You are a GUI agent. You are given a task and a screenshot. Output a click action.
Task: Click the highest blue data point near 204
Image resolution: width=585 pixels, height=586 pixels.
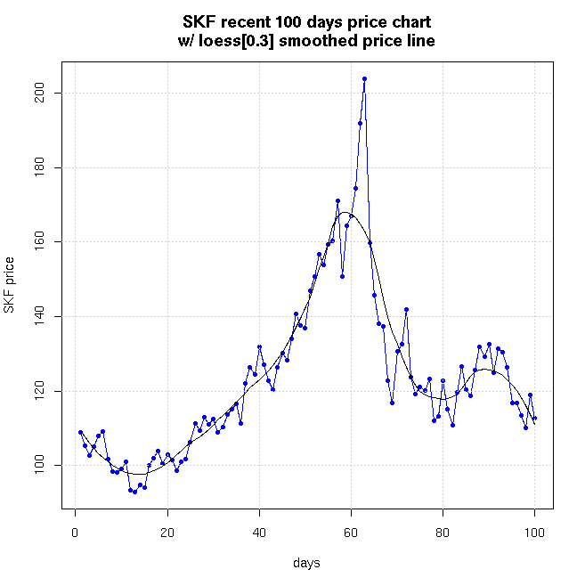(x=364, y=78)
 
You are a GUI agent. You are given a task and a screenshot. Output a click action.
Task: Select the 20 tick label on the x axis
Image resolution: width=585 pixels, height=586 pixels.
(x=167, y=533)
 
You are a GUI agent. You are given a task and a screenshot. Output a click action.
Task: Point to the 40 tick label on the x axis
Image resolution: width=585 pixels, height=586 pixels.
(x=259, y=533)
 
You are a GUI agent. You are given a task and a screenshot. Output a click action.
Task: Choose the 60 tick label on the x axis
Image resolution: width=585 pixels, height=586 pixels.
(x=352, y=533)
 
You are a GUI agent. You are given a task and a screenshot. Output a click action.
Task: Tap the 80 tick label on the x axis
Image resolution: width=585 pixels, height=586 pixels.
(x=443, y=533)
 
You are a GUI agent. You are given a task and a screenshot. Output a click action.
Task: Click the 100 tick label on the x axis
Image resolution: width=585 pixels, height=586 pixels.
(x=535, y=533)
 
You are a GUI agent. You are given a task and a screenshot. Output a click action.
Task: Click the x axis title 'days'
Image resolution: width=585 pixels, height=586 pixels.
(x=306, y=563)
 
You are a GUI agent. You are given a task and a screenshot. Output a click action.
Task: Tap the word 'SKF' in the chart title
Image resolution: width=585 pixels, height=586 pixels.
(x=199, y=20)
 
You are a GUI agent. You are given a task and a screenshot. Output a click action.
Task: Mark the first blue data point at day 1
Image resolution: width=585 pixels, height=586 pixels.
(x=80, y=432)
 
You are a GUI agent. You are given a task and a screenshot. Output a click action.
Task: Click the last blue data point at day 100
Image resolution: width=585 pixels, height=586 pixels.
(x=535, y=419)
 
